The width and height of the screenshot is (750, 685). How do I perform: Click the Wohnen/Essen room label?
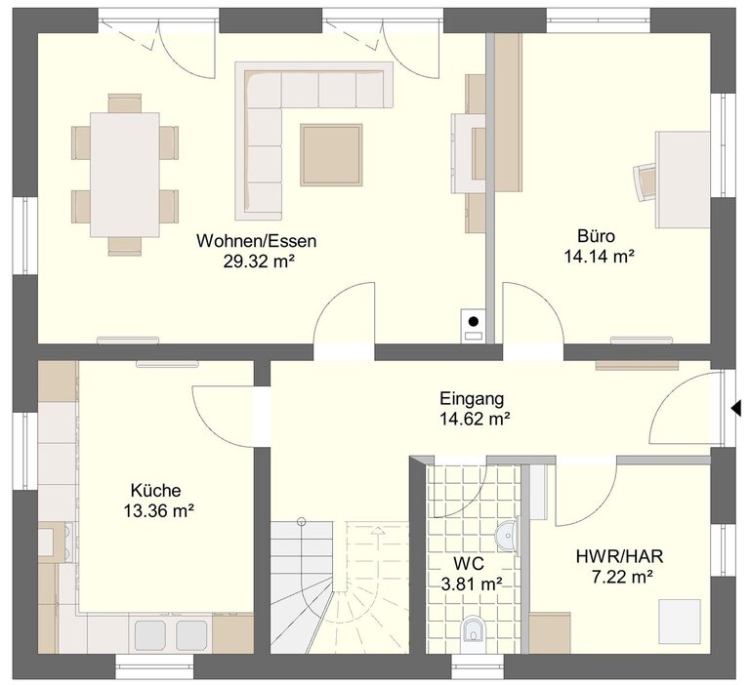point(257,241)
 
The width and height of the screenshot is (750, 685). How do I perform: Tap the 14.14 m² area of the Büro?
point(600,257)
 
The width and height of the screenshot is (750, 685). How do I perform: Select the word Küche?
point(156,491)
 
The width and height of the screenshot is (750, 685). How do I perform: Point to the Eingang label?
point(472,399)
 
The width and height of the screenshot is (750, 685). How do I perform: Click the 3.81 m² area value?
point(472,584)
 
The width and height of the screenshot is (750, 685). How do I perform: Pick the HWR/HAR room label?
point(620,556)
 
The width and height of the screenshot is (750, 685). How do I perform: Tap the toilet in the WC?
point(473,629)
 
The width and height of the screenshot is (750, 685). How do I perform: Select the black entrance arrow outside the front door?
point(736,408)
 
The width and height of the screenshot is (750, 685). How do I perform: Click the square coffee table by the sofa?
point(331,155)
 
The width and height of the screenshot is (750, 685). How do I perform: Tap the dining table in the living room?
point(125,175)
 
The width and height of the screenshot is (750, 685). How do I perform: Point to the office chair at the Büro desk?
point(646,182)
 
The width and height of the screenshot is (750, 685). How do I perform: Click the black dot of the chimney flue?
point(474,321)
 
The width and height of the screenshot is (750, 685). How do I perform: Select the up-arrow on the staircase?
point(378,532)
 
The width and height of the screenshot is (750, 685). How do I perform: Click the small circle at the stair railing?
point(302,521)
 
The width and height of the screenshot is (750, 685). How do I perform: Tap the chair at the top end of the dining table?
point(125,102)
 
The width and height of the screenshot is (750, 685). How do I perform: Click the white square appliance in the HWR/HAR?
point(680,622)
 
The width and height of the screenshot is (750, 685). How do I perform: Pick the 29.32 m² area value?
point(258,262)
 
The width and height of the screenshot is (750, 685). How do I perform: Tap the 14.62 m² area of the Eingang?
point(475,420)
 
